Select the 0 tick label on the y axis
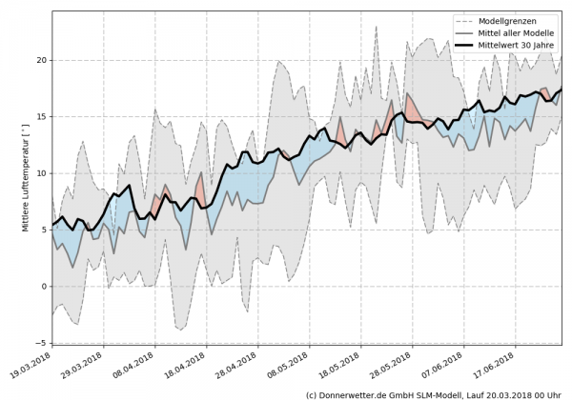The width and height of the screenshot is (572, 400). (x=43, y=287)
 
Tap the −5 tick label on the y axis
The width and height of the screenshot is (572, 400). (x=40, y=343)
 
